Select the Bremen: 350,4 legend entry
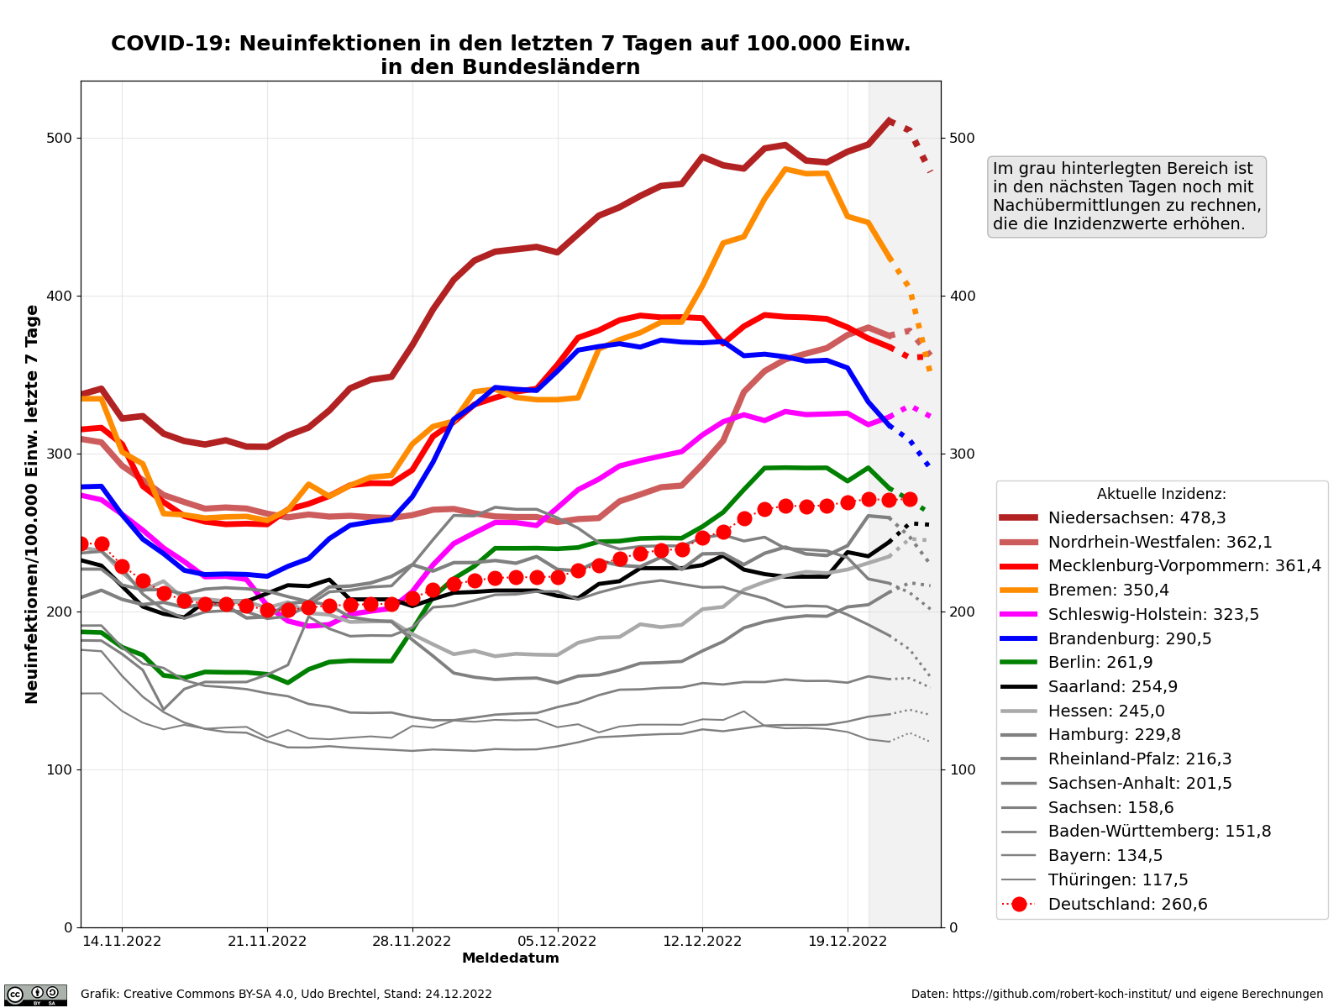[1108, 591]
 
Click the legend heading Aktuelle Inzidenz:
[1161, 495]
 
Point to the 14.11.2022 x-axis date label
[122, 942]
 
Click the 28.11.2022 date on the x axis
[412, 942]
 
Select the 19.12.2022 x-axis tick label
[848, 942]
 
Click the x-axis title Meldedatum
[511, 958]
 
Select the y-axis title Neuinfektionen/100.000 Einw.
[33, 504]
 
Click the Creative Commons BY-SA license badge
[35, 995]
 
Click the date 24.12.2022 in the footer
[459, 995]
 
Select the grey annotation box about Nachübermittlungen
[1127, 197]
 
